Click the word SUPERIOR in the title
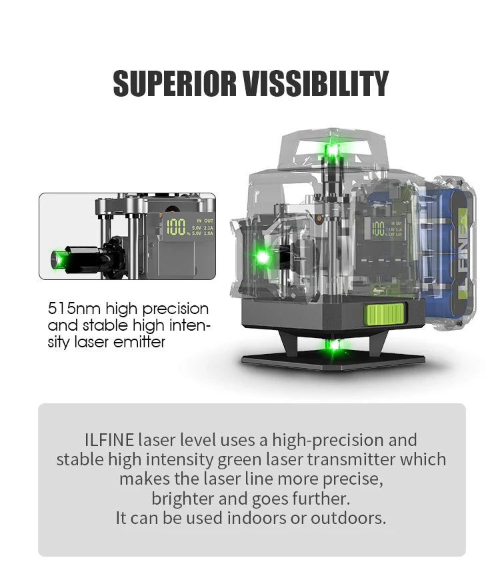click(174, 83)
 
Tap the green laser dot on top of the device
click(332, 151)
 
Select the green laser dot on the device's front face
click(263, 257)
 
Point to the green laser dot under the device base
click(334, 345)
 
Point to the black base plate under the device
click(333, 361)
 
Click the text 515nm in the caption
click(75, 309)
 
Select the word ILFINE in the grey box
click(109, 440)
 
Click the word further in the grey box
click(321, 499)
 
